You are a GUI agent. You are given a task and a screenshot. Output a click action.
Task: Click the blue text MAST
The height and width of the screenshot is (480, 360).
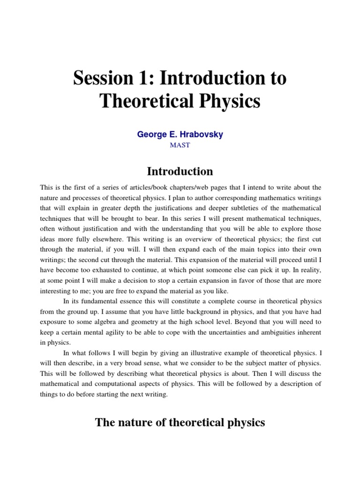coord(180,145)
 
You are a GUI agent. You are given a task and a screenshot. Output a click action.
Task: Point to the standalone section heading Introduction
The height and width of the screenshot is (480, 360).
coord(180,171)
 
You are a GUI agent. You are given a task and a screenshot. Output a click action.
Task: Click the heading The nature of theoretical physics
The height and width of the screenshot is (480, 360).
coord(180,422)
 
